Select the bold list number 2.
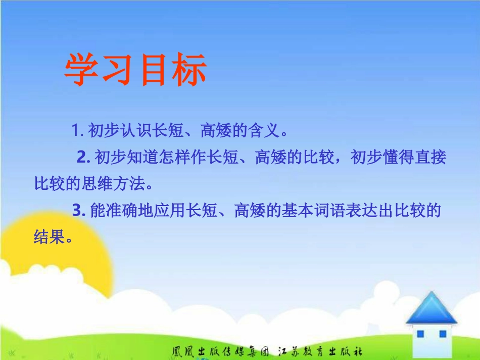click(x=83, y=158)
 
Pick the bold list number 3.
click(x=78, y=211)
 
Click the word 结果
click(x=50, y=237)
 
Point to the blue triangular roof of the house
click(x=431, y=308)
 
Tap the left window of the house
click(x=420, y=334)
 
